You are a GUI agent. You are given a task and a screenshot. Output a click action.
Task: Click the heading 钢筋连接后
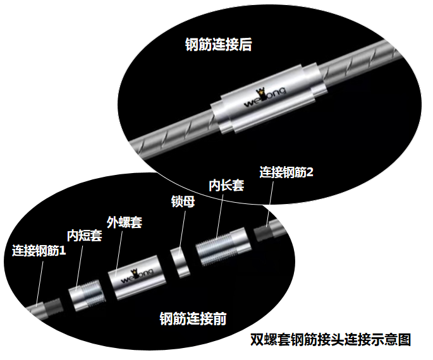(x=218, y=45)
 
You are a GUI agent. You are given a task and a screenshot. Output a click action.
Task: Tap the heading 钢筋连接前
(x=193, y=318)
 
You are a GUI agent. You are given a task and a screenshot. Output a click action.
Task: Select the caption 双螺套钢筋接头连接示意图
(x=331, y=340)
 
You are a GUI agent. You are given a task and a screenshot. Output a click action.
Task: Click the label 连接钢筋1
(x=39, y=251)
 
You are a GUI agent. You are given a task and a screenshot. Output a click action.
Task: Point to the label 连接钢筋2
(x=286, y=172)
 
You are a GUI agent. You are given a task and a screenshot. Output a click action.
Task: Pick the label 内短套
(x=85, y=236)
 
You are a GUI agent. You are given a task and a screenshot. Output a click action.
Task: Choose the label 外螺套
(x=125, y=222)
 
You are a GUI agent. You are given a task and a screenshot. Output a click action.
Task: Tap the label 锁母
(x=183, y=201)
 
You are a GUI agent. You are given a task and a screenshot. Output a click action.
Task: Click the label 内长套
(x=226, y=185)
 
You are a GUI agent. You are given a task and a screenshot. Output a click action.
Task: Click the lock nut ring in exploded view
(x=180, y=262)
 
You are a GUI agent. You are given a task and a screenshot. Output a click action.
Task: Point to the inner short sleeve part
(x=87, y=296)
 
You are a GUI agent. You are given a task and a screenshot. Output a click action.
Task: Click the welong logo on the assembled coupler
(x=265, y=97)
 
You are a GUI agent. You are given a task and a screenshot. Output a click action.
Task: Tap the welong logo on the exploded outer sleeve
(x=137, y=275)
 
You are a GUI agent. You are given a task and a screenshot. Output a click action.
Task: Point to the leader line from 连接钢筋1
(x=40, y=284)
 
